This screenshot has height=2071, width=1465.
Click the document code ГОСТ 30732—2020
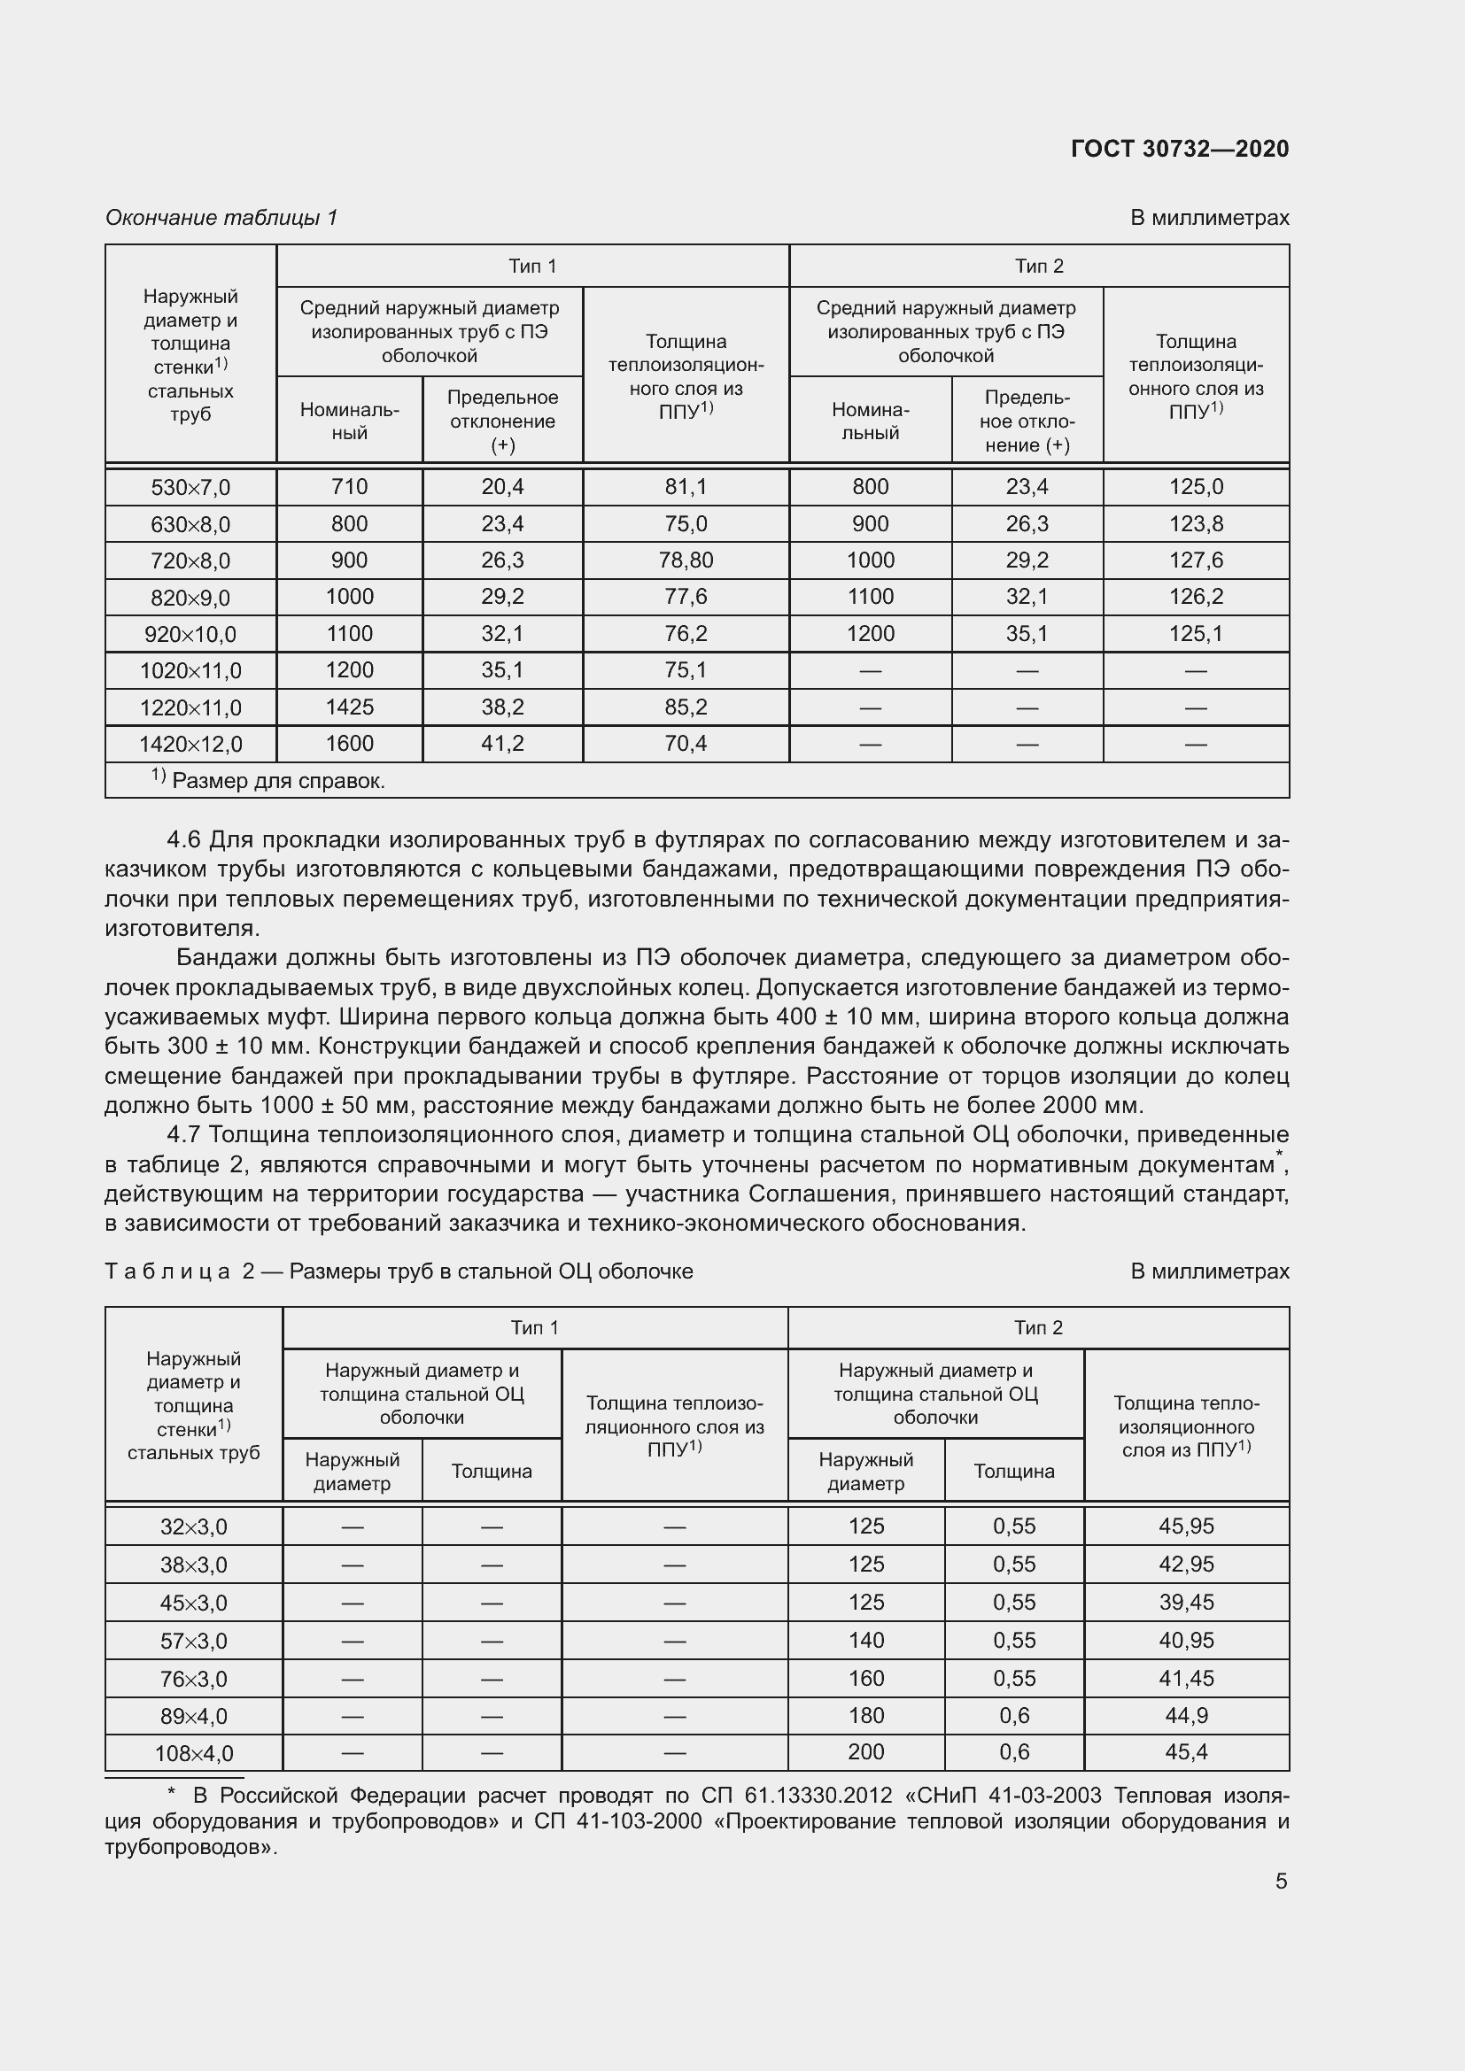click(x=1179, y=149)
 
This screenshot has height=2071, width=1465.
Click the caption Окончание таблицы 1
click(x=221, y=218)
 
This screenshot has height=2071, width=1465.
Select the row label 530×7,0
click(x=190, y=487)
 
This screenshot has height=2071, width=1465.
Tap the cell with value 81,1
click(x=686, y=487)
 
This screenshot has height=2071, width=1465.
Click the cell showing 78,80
click(x=686, y=560)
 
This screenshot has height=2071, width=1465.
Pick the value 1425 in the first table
click(x=349, y=707)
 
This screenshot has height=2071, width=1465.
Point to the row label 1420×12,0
click(x=190, y=744)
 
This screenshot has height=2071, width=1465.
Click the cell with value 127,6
click(x=1195, y=560)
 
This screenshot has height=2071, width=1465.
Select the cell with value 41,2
click(x=502, y=743)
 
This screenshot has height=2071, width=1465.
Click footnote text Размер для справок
click(x=278, y=781)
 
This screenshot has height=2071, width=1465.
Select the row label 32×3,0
click(x=193, y=1527)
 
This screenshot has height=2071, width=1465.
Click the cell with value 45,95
click(x=1186, y=1526)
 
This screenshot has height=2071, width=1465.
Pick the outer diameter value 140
click(x=866, y=1640)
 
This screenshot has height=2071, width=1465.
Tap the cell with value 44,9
click(x=1186, y=1716)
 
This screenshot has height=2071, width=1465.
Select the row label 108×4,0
click(x=193, y=1753)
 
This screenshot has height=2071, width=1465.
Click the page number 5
click(x=1281, y=1882)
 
